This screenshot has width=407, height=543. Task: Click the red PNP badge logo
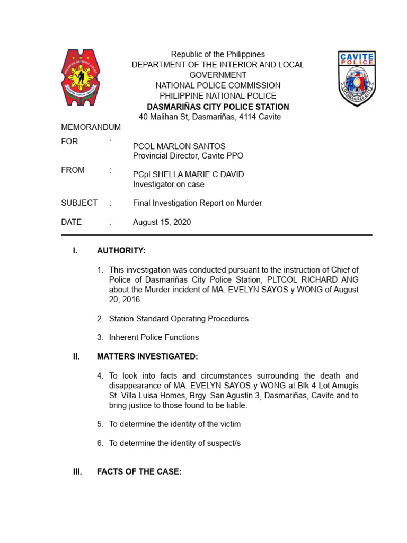(x=82, y=77)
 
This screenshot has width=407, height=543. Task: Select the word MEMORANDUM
(x=91, y=127)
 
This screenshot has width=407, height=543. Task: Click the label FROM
(x=73, y=170)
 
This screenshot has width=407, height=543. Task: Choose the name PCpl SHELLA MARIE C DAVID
(x=188, y=174)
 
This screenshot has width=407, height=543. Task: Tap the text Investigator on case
(x=168, y=185)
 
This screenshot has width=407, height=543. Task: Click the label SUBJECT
(x=79, y=203)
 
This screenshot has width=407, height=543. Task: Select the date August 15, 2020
(x=162, y=222)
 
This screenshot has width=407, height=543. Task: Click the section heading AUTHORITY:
(x=121, y=250)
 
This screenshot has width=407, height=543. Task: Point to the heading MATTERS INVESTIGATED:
(x=147, y=356)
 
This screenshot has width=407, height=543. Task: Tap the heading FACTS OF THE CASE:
(x=139, y=471)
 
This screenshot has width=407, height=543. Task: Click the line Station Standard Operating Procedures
(x=179, y=319)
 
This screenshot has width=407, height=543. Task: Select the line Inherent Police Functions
(x=154, y=337)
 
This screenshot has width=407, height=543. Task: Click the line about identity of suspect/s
(x=175, y=443)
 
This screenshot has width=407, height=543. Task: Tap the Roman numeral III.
(x=77, y=471)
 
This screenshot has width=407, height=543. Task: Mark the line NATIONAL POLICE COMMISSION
(x=218, y=85)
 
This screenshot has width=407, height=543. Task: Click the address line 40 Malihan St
(x=209, y=117)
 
